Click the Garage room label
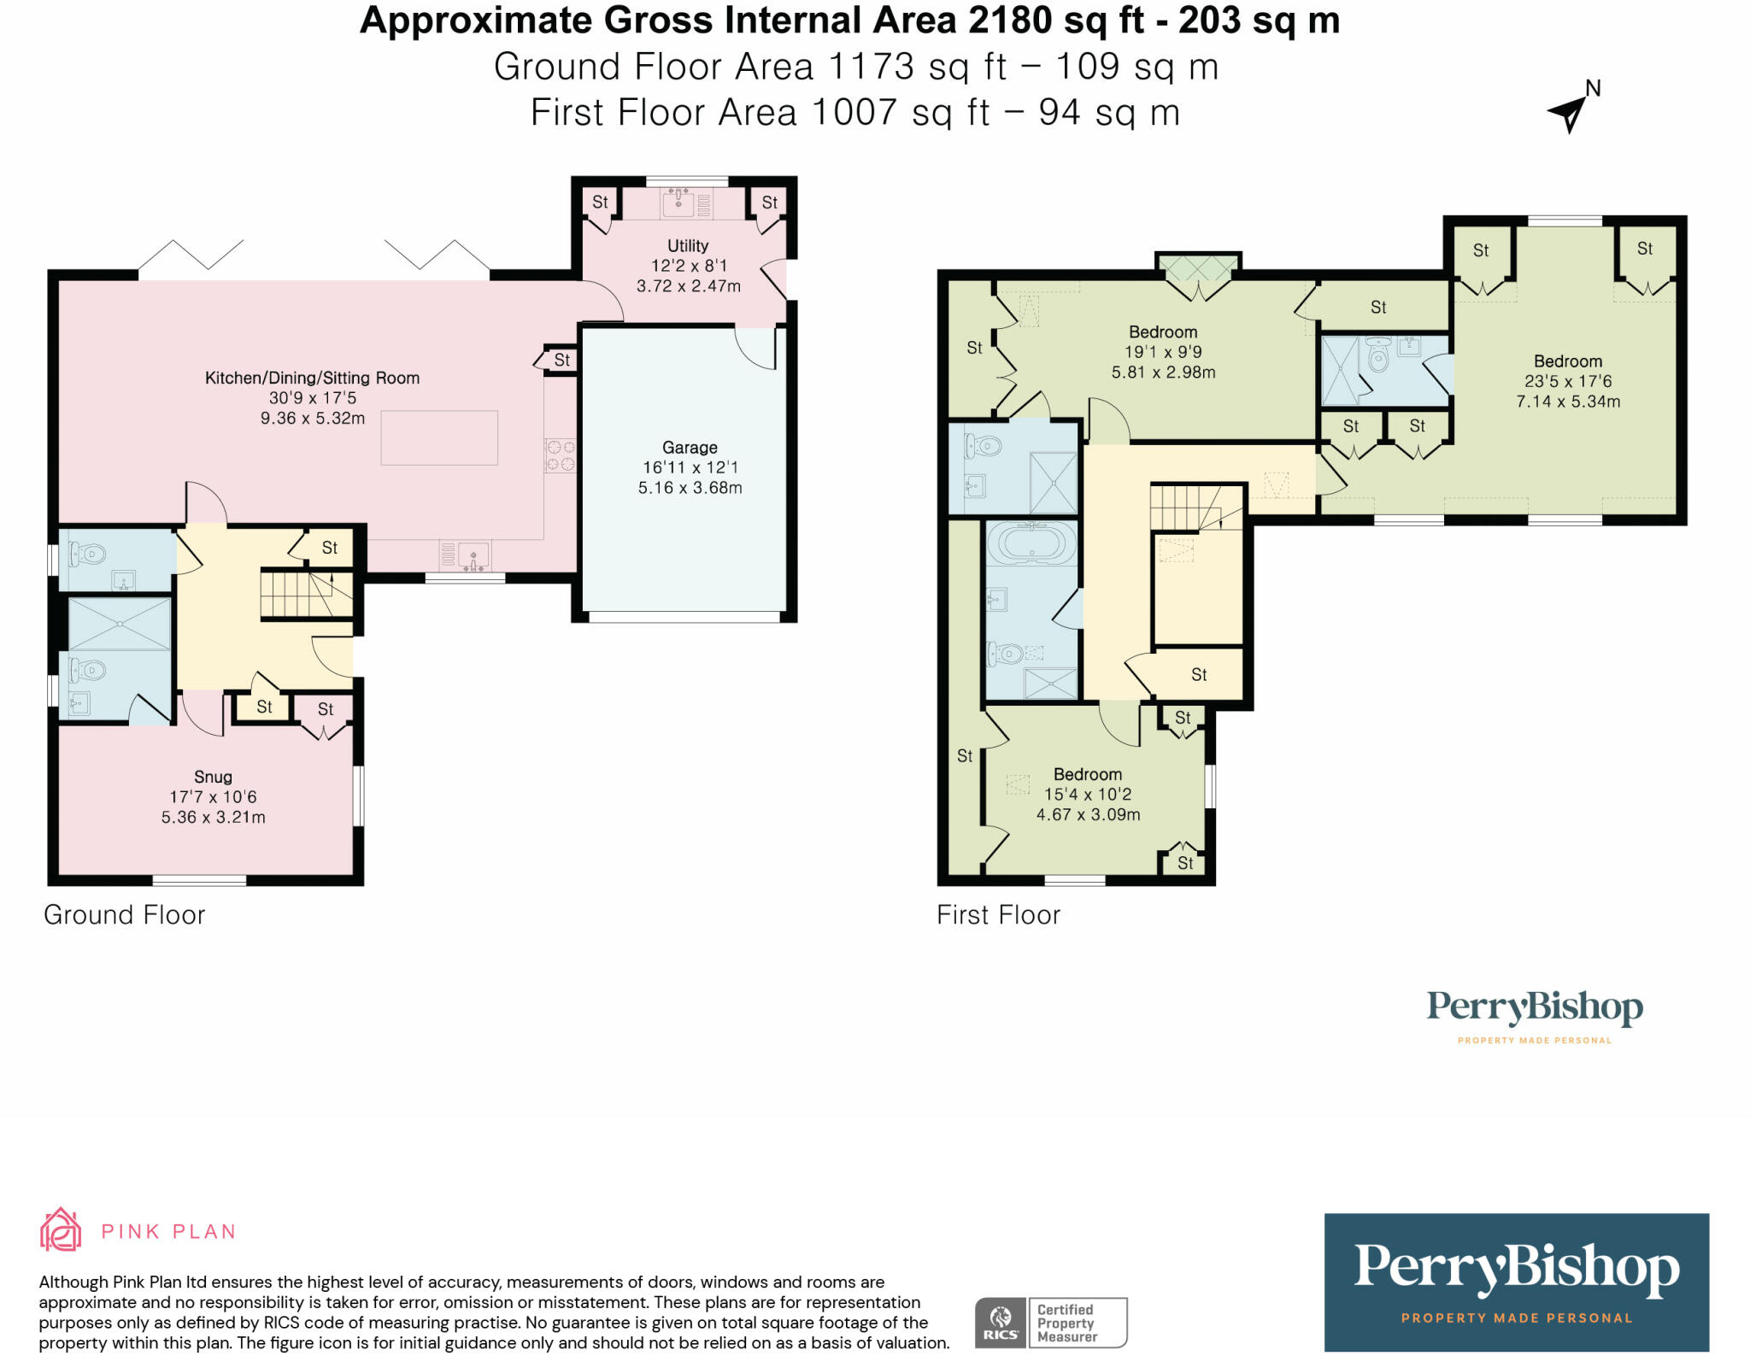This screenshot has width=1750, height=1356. tap(690, 448)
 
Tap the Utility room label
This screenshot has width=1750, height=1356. tap(688, 246)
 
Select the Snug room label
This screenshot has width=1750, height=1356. tap(213, 777)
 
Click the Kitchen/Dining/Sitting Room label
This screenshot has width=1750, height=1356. tap(312, 378)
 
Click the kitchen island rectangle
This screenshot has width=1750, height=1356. tap(439, 437)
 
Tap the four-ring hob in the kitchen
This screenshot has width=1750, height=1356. tap(560, 455)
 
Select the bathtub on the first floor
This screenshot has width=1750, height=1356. tap(1032, 543)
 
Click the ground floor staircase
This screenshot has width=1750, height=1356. tap(306, 593)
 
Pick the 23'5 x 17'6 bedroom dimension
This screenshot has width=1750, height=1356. tap(1568, 382)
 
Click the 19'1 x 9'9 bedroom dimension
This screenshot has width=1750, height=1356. tap(1163, 352)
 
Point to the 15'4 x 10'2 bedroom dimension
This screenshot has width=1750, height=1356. tap(1088, 795)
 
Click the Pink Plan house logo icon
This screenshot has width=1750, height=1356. tap(61, 1230)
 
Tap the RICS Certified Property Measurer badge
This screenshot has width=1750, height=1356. tap(1051, 1323)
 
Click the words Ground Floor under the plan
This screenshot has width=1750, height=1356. tap(125, 915)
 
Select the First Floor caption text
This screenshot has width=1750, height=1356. tap(998, 915)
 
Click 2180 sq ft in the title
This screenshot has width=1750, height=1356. tap(1056, 21)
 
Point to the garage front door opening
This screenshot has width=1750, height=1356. tap(684, 616)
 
